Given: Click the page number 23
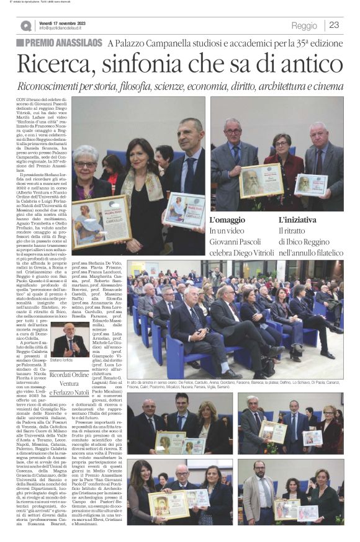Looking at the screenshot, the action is tap(334, 25).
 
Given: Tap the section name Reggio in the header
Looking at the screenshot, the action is tap(304, 25).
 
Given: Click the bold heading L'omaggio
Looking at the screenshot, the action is tap(227, 220).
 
